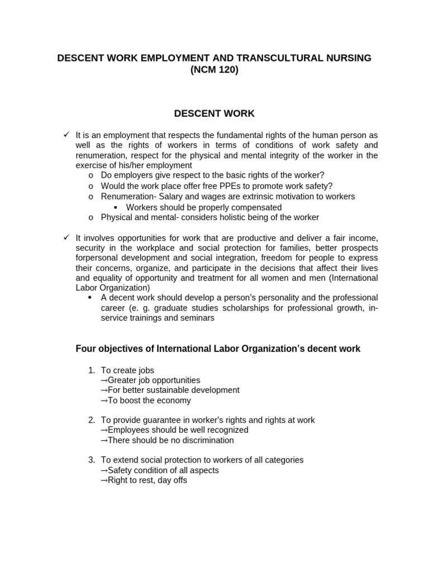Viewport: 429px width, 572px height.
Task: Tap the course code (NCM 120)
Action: pyautogui.click(x=214, y=70)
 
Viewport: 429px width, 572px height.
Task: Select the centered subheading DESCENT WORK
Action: pyautogui.click(x=214, y=113)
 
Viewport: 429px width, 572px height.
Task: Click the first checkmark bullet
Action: pyautogui.click(x=66, y=135)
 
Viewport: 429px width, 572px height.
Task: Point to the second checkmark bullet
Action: pyautogui.click(x=66, y=238)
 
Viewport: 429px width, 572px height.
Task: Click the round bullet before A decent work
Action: pyautogui.click(x=90, y=298)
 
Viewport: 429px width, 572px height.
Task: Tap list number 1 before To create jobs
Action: pyautogui.click(x=92, y=370)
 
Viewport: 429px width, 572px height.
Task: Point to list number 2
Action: pyautogui.click(x=92, y=420)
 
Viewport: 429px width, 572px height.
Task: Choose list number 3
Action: pyautogui.click(x=92, y=460)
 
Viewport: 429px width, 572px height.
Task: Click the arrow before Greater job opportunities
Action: pyautogui.click(x=104, y=380)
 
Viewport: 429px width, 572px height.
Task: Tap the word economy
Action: pyautogui.click(x=173, y=401)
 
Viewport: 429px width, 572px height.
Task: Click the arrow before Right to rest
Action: pyautogui.click(x=104, y=480)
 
